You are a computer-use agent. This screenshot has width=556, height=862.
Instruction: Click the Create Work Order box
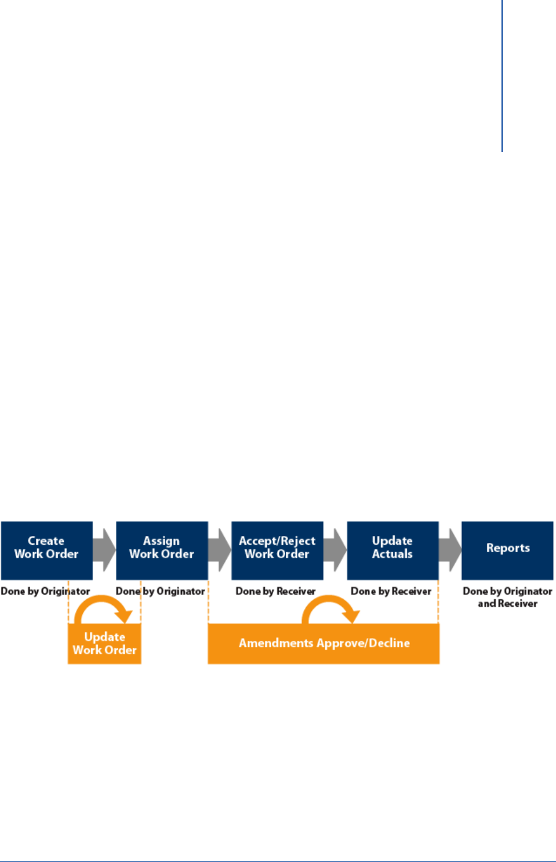point(46,550)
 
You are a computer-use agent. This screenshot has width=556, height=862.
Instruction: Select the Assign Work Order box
point(162,550)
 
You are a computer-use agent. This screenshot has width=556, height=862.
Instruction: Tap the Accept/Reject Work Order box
point(277,550)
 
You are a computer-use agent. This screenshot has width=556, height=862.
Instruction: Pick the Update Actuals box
point(393,550)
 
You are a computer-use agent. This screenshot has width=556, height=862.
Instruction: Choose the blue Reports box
point(507,550)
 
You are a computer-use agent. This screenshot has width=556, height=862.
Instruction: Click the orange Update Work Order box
point(104,644)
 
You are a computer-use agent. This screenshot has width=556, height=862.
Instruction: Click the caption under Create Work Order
point(45,591)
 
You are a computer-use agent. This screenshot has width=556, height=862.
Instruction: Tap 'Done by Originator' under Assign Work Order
point(161,591)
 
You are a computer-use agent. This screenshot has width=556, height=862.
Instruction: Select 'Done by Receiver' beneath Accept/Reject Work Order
point(275,591)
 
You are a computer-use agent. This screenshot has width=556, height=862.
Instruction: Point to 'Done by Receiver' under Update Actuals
point(391,591)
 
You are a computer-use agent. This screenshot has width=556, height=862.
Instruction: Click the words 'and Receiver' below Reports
point(507,604)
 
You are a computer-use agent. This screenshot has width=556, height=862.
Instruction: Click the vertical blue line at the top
point(502,75)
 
